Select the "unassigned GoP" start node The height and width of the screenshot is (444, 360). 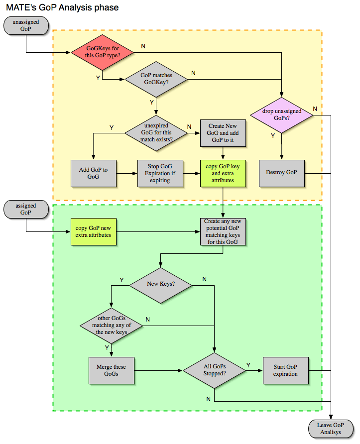[25, 26]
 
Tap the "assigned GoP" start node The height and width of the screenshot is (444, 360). [25, 209]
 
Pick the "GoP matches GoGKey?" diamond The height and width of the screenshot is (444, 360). [156, 79]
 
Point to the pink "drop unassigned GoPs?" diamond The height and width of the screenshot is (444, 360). [281, 115]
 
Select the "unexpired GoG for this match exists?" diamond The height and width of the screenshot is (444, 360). [156, 133]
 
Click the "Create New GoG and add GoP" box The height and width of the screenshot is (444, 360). [223, 133]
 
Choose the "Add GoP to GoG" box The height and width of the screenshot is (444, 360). [93, 173]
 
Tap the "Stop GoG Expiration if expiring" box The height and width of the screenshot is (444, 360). [160, 173]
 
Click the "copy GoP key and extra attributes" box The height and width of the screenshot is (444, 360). [223, 173]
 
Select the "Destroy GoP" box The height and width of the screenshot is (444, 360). [282, 173]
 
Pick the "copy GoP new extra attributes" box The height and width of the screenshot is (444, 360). [94, 231]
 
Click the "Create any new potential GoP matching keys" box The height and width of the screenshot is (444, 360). [223, 231]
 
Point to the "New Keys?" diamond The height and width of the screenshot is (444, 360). [160, 284]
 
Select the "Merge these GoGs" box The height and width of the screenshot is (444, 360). [112, 370]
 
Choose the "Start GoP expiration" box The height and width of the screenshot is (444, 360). [285, 370]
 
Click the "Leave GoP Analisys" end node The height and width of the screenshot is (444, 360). [331, 429]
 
